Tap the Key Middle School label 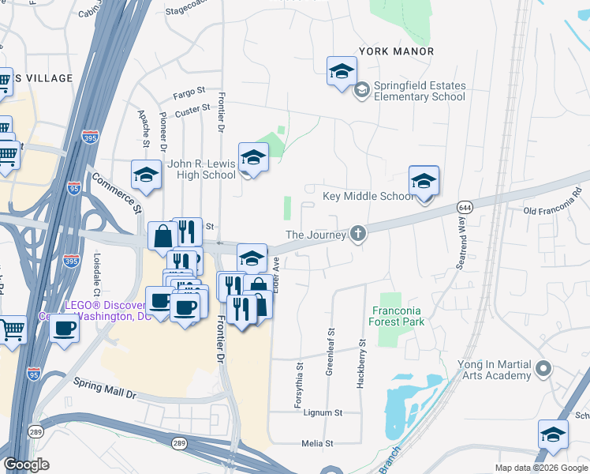[x=367, y=196]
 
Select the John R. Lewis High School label [x=201, y=169]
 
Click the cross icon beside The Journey [x=358, y=234]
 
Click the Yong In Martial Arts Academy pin [x=543, y=368]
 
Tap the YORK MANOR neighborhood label [x=396, y=51]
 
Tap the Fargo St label [x=189, y=93]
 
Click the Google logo [x=26, y=465]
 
